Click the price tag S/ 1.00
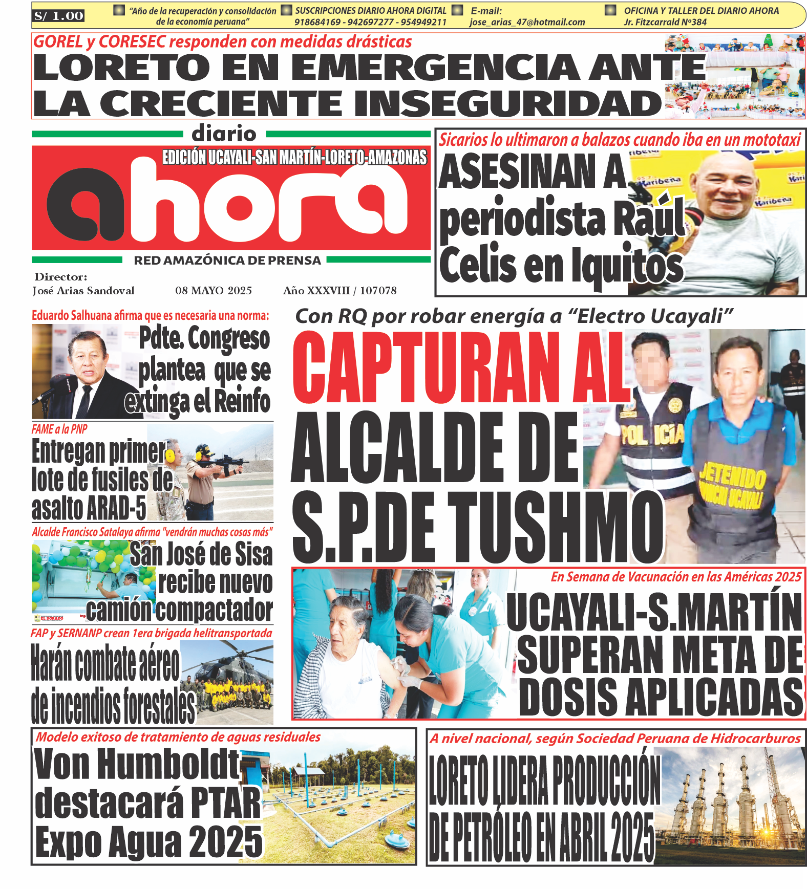(x=58, y=16)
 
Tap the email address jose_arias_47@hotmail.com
(x=527, y=22)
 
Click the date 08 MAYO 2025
(x=214, y=291)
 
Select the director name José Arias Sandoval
(x=83, y=291)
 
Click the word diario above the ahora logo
(x=224, y=134)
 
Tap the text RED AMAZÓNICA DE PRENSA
(x=227, y=261)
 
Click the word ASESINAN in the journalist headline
(x=533, y=171)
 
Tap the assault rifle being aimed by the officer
(x=225, y=463)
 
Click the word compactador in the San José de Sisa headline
(x=214, y=610)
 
